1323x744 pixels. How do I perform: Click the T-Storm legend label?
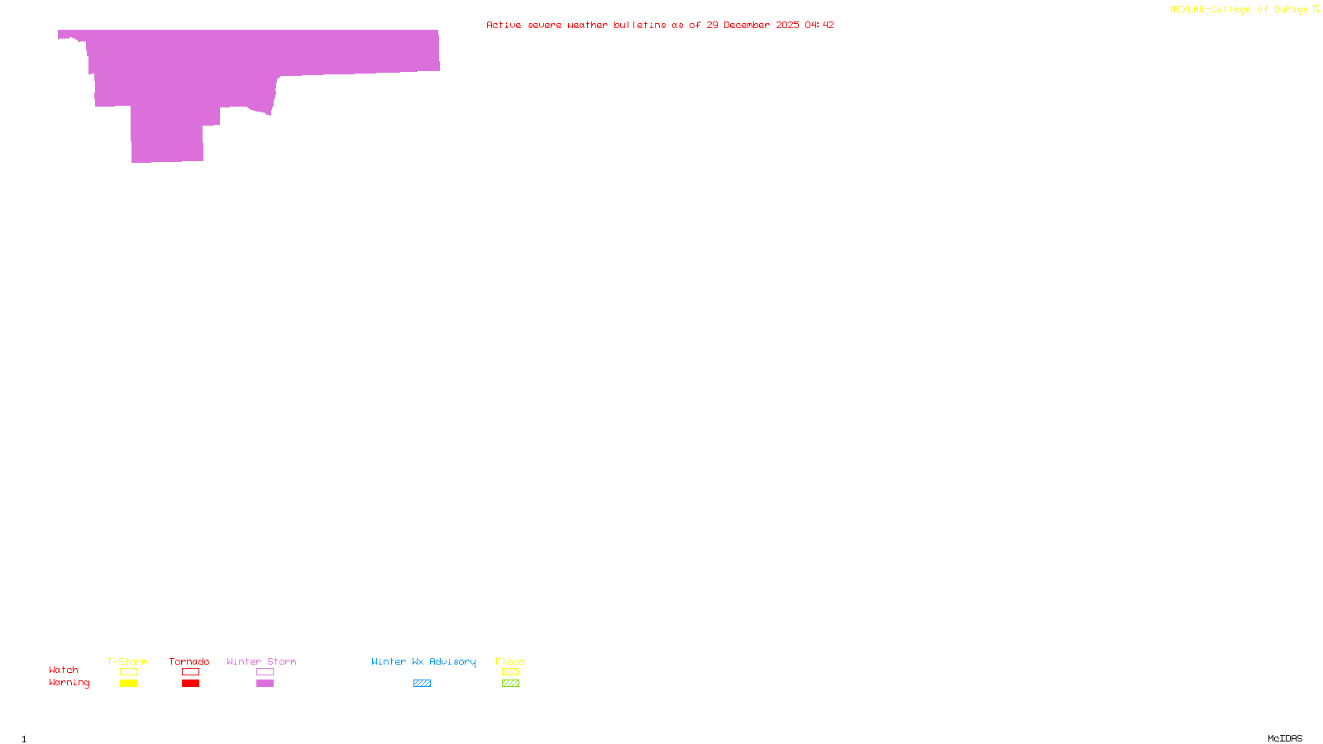coord(127,661)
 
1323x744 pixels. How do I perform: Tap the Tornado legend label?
coord(189,661)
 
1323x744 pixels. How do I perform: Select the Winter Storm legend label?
coord(261,661)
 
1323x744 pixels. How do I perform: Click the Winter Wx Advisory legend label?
coord(423,661)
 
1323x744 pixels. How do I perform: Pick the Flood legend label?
coord(510,661)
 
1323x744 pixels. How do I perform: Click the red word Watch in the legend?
coord(64,670)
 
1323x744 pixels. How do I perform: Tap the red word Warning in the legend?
coord(69,683)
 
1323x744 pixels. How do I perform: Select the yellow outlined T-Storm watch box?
coord(128,672)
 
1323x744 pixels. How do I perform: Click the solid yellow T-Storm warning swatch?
coord(128,684)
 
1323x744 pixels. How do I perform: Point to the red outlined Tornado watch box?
coord(190,672)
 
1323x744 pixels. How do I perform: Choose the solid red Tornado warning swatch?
coord(190,684)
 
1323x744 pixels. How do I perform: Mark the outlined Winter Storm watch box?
coord(265,672)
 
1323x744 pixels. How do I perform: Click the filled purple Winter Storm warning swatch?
coord(265,684)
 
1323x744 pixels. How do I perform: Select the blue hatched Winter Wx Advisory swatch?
coord(422,684)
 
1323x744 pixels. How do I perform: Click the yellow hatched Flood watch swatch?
coord(510,672)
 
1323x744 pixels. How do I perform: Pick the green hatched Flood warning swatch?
coord(510,684)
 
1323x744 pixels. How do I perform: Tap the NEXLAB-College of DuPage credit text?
coord(1239,9)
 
